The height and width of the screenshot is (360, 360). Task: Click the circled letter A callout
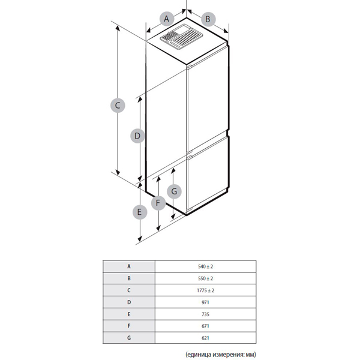[166, 19]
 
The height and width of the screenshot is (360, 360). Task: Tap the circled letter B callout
[208, 19]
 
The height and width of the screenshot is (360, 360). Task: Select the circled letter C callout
[118, 106]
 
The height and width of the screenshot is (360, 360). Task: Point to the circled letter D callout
[137, 136]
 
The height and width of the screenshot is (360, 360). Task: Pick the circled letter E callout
[140, 212]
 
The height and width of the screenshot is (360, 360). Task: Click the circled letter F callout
[158, 203]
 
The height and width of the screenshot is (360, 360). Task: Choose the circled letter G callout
[174, 191]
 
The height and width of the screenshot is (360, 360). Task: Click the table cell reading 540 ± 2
[205, 266]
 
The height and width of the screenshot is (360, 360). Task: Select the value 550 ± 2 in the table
[205, 278]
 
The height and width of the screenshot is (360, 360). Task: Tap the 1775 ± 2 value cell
[205, 290]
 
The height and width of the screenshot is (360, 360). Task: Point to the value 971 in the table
[205, 302]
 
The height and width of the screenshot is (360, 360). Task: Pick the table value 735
[205, 314]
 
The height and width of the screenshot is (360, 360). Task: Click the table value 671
[205, 326]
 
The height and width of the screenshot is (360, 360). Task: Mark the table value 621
[205, 338]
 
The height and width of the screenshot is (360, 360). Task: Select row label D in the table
[129, 302]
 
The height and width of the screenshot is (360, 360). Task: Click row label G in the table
[129, 338]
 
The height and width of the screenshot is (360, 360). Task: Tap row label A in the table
[129, 266]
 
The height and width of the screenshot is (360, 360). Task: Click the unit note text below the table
[221, 354]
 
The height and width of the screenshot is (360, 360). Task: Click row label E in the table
[129, 314]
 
